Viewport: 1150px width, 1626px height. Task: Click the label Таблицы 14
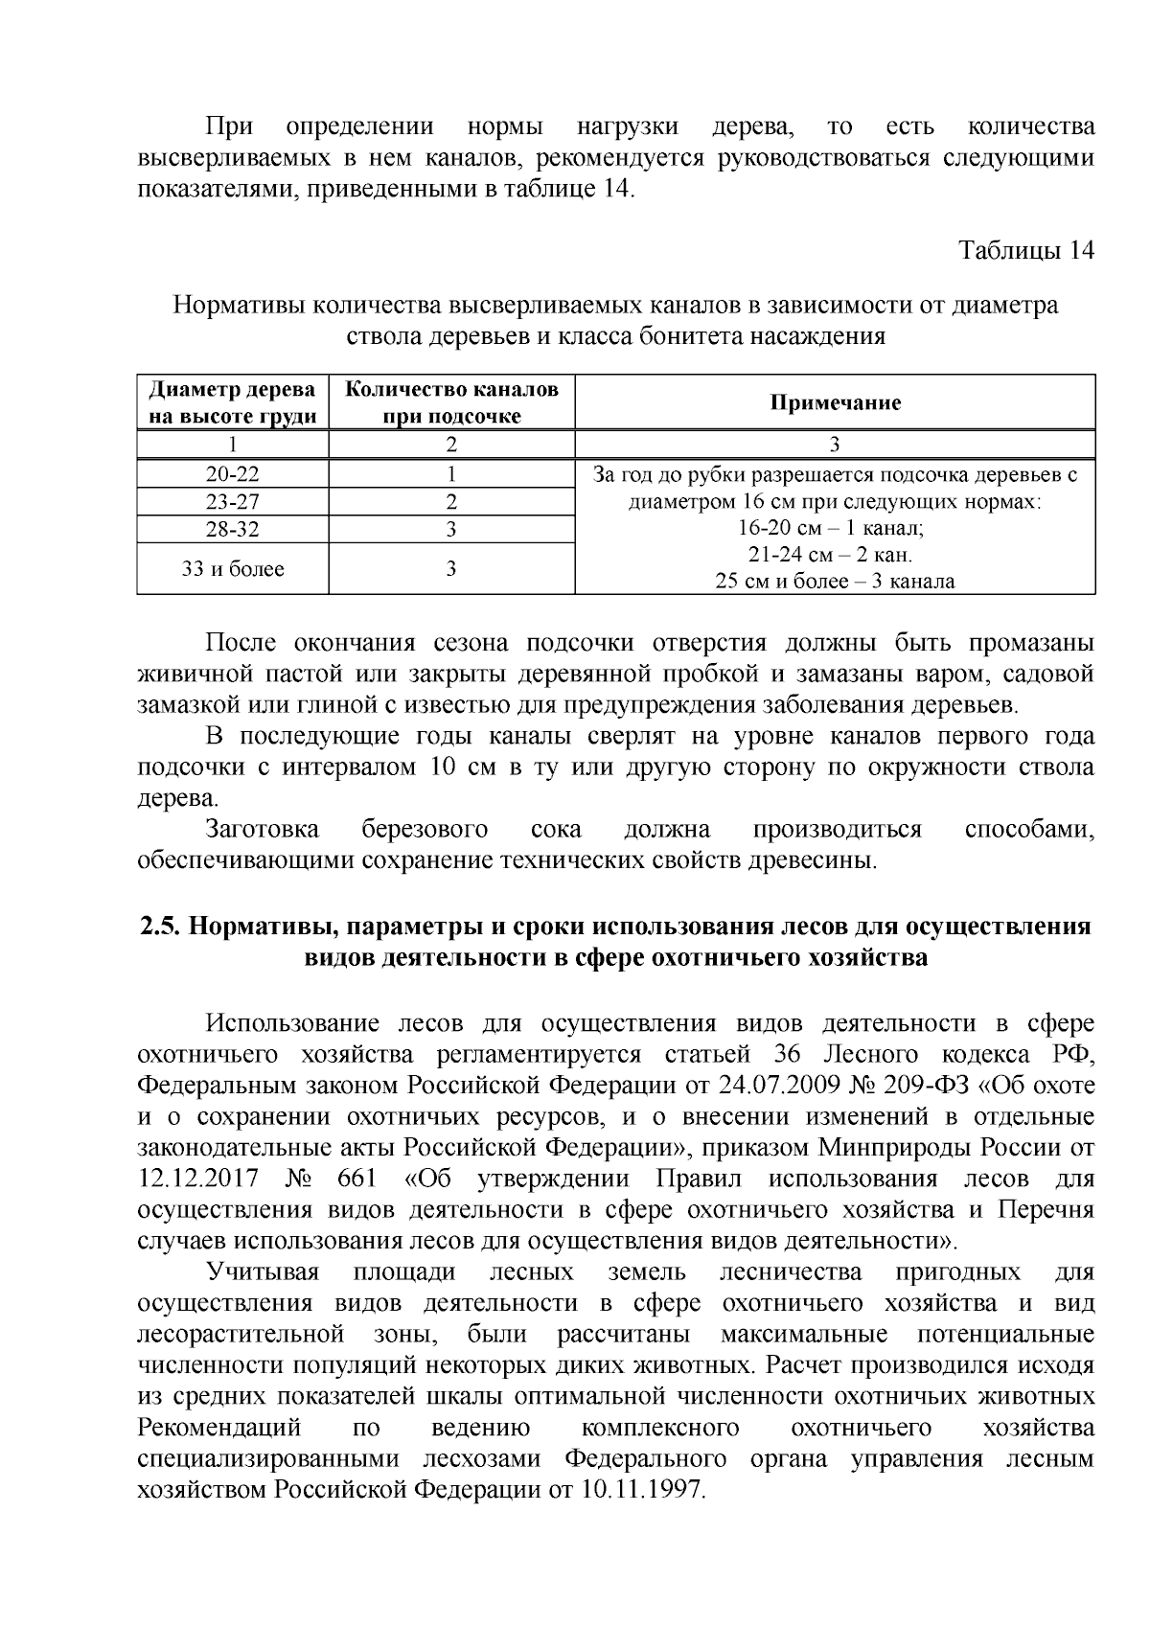pos(1026,251)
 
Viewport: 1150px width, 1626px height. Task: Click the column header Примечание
pos(835,402)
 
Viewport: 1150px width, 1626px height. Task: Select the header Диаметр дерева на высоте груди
pos(233,402)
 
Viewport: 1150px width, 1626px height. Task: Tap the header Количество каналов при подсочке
pos(451,402)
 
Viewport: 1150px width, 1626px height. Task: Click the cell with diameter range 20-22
pos(233,474)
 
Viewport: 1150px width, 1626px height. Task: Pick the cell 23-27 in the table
pos(233,502)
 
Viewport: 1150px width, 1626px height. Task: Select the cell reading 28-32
pos(233,530)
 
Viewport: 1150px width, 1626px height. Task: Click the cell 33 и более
pos(233,569)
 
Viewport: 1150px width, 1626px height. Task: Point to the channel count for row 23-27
pos(451,502)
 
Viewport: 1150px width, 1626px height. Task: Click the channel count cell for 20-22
pos(451,474)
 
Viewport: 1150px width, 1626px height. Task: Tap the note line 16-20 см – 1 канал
pos(835,528)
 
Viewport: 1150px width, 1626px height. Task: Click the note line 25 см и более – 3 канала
pos(835,582)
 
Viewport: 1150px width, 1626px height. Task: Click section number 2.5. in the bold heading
pos(160,927)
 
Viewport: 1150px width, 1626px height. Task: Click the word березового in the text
pos(425,829)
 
